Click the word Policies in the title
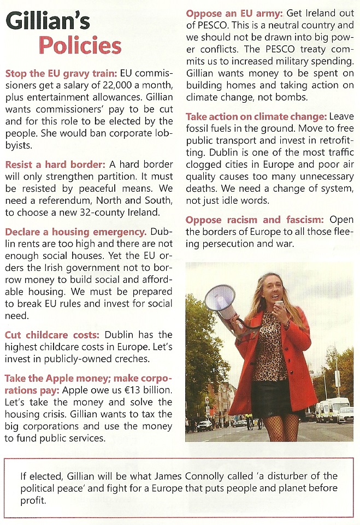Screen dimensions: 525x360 [x=80, y=45]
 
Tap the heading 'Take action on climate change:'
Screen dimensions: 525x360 [x=255, y=116]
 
